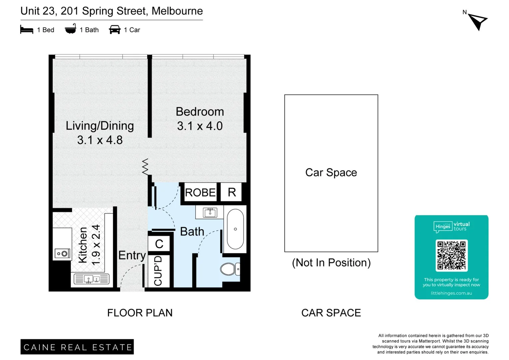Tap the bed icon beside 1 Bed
point(27,30)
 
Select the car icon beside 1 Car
point(115,30)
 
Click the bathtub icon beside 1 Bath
point(70,29)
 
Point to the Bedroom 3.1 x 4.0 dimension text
point(200,126)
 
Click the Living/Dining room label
point(100,126)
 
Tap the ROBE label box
point(200,192)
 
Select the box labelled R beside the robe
point(232,192)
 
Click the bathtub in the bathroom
point(235,229)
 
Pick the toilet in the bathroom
point(230,269)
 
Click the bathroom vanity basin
point(210,212)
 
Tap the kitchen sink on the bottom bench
point(92,279)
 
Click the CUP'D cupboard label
point(158,271)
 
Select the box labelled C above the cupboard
point(159,244)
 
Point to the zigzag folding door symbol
point(145,167)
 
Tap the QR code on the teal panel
point(451,255)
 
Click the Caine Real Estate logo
point(77,347)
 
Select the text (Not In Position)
point(331,263)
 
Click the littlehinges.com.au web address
point(451,293)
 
